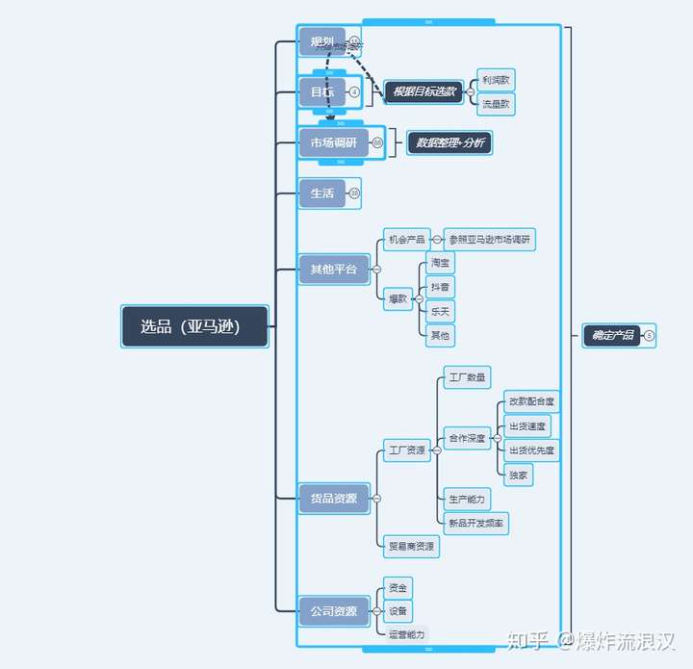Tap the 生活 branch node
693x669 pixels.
click(x=321, y=193)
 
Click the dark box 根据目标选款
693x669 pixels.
click(x=424, y=91)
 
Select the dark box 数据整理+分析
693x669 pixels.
click(x=449, y=142)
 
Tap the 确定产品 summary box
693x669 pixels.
click(x=612, y=335)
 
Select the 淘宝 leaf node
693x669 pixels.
click(x=440, y=262)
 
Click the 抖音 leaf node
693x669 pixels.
click(x=440, y=287)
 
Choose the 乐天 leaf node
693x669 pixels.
click(x=440, y=311)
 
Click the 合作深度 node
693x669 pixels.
click(x=467, y=438)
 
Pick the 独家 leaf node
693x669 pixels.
click(x=518, y=475)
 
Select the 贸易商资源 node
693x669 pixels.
click(x=411, y=546)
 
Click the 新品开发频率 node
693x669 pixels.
click(x=476, y=523)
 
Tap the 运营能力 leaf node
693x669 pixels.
click(x=406, y=634)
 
